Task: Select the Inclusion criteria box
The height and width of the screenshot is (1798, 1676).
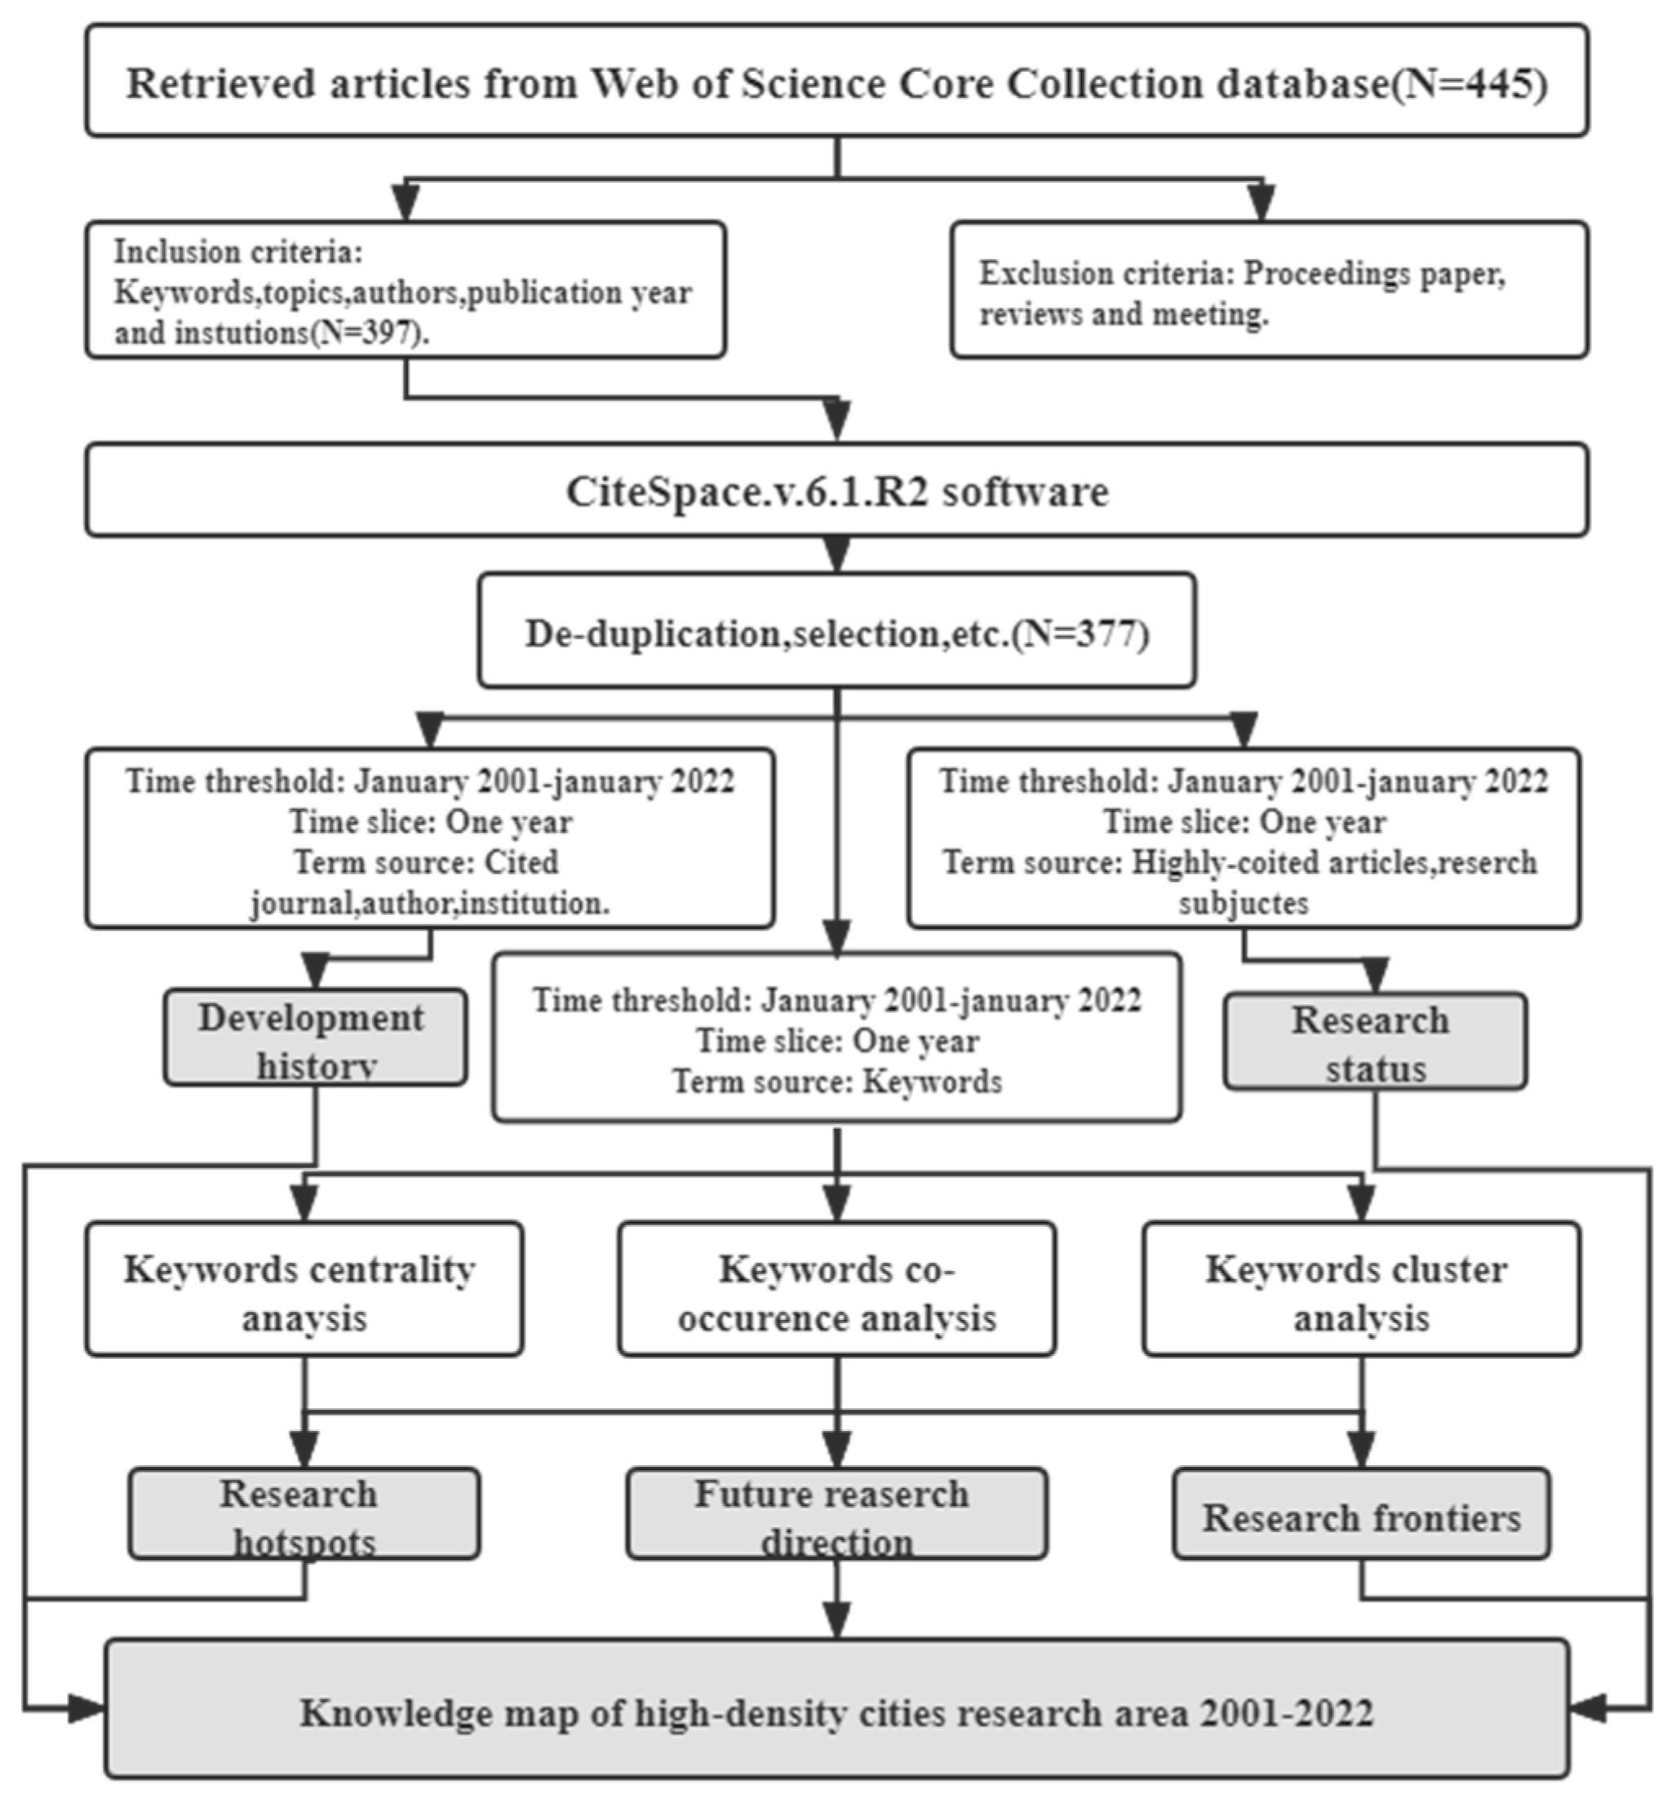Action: (x=406, y=290)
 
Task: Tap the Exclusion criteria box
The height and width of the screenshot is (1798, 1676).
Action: (x=1268, y=290)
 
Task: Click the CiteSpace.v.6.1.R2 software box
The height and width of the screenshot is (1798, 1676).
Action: (x=836, y=491)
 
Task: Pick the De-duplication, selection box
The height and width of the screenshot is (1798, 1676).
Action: (x=836, y=633)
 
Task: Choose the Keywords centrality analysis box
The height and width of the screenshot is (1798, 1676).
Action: (x=304, y=1291)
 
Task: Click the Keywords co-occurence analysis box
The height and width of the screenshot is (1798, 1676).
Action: (x=836, y=1291)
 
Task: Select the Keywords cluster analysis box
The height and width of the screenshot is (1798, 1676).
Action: (x=1361, y=1291)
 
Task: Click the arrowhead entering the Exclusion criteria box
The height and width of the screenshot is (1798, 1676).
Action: (x=1261, y=202)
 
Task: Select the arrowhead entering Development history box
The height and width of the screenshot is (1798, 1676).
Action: (x=315, y=972)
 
